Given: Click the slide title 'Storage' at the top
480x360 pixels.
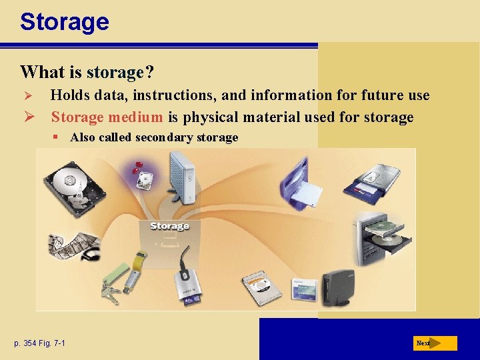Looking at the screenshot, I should click(65, 22).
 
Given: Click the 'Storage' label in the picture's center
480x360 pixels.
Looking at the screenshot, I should click(169, 227).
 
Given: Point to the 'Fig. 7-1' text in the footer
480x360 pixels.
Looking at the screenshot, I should click(60, 343).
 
